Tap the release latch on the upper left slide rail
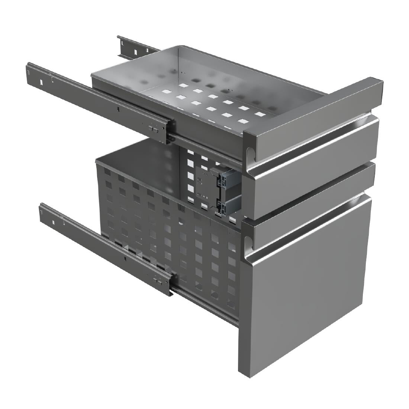[153, 128]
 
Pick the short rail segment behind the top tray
[134, 46]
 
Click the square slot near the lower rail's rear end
[54, 222]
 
